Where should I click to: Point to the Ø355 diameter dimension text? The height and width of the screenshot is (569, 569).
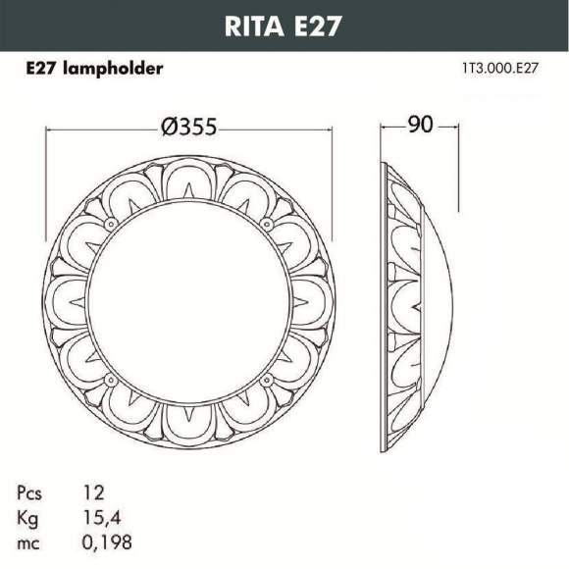187,128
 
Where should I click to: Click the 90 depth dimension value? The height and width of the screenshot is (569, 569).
420,126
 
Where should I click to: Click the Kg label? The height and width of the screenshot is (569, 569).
28,517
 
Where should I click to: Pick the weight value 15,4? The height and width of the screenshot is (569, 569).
103,517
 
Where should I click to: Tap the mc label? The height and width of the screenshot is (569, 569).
29,542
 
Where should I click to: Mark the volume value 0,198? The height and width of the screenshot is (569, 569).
110,542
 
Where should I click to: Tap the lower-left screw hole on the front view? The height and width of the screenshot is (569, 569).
110,380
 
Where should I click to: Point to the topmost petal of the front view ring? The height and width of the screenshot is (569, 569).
186,178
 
